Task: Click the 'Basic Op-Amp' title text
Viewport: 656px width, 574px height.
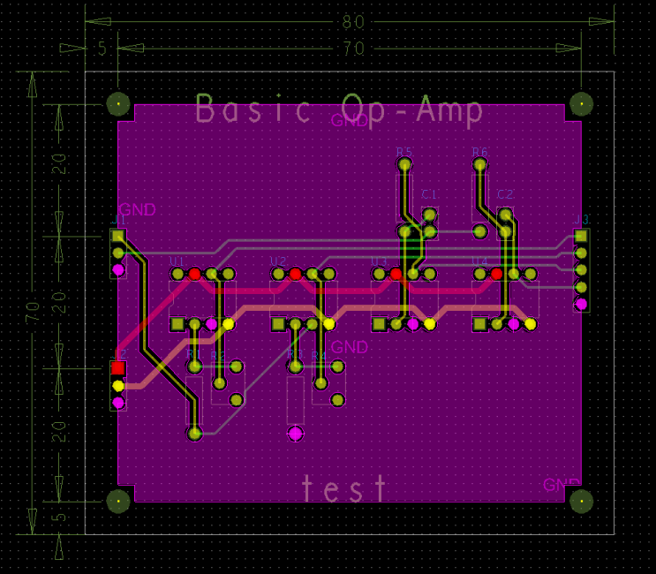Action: (x=339, y=110)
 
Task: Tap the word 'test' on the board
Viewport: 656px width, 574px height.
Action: (x=344, y=488)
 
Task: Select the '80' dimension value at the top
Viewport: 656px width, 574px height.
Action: (x=353, y=21)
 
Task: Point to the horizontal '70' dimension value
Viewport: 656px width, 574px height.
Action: (x=353, y=49)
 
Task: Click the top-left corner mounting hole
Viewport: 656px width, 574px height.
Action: (x=117, y=104)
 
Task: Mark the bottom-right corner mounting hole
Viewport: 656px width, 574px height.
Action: (x=581, y=501)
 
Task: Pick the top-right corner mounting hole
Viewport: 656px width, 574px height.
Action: (x=581, y=104)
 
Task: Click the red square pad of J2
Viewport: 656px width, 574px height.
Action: (x=117, y=367)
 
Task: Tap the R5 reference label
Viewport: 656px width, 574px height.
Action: (x=404, y=152)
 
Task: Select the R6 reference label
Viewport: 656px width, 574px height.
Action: (x=479, y=152)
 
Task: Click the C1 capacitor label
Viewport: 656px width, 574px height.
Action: (x=430, y=194)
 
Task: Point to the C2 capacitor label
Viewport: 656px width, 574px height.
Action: (x=505, y=194)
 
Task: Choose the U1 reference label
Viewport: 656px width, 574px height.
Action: (x=177, y=261)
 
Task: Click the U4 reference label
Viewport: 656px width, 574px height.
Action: (x=479, y=261)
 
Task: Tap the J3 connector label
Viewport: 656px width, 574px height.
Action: (x=582, y=219)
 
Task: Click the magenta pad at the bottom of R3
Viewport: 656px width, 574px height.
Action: (x=295, y=433)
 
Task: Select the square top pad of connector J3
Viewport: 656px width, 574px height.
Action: (x=581, y=236)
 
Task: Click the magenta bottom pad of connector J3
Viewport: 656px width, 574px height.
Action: (x=581, y=304)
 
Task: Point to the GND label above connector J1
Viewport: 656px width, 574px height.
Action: (x=137, y=210)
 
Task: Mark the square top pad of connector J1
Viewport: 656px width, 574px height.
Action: (x=117, y=236)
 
